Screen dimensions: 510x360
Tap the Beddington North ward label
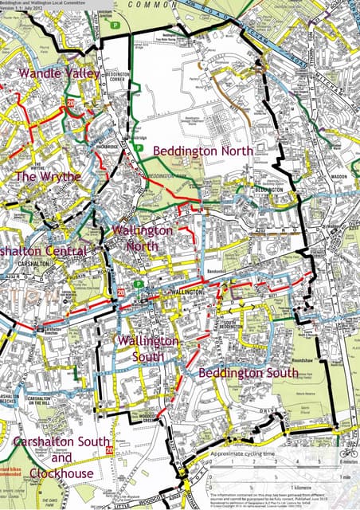point(203,150)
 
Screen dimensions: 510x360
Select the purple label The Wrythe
point(48,176)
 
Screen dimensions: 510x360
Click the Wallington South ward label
point(147,349)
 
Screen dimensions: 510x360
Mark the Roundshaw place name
point(303,359)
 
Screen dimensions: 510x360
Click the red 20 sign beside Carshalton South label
point(112,457)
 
